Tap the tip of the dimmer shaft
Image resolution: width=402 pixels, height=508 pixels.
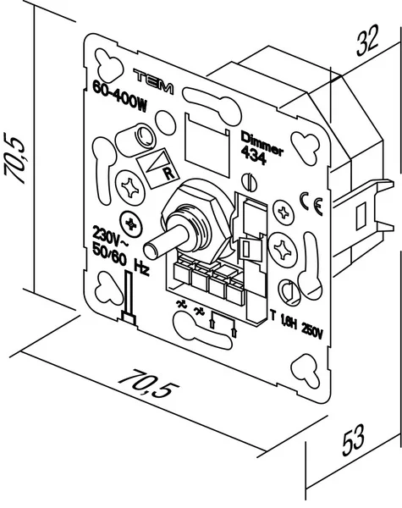tap(153, 251)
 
